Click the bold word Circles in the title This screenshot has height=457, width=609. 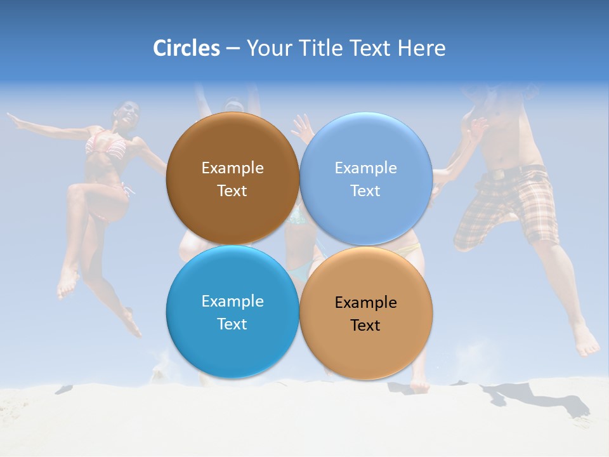pyautogui.click(x=187, y=48)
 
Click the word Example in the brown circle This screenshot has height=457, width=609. pyautogui.click(x=232, y=168)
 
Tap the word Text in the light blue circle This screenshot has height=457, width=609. pyautogui.click(x=365, y=190)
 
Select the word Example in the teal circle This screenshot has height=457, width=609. pyautogui.click(x=232, y=301)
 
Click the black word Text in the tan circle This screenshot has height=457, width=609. pyautogui.click(x=365, y=325)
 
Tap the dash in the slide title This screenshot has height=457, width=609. pyautogui.click(x=233, y=48)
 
